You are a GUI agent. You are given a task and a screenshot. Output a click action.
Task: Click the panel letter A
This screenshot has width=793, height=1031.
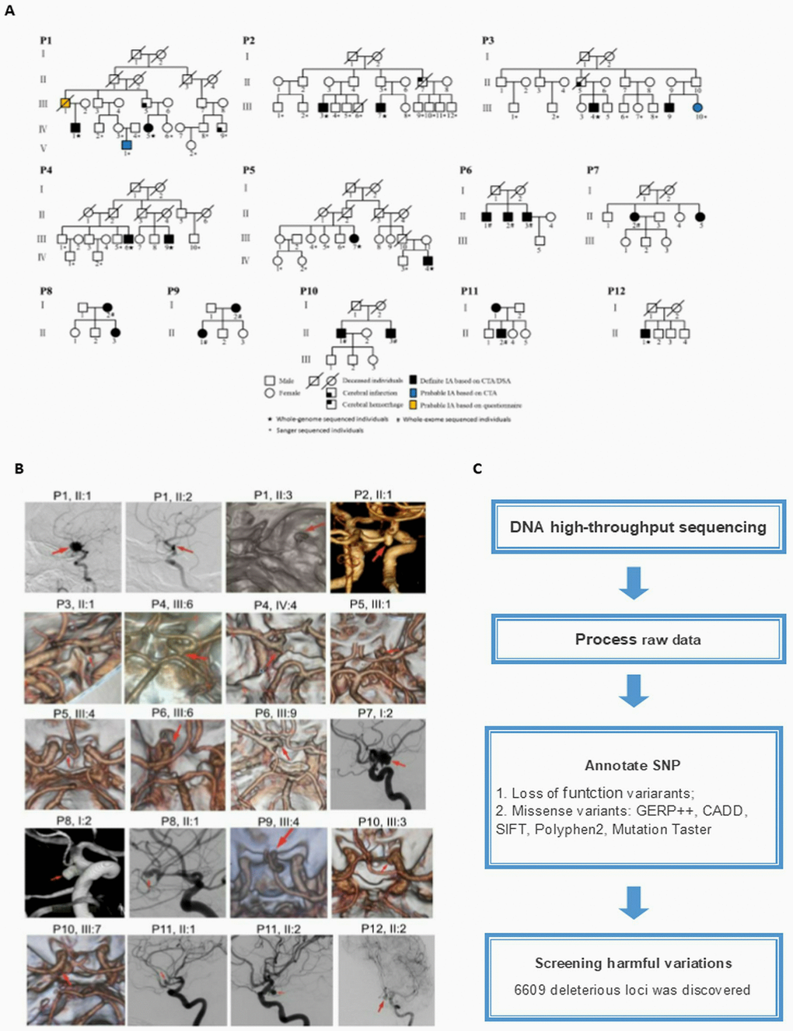(9, 11)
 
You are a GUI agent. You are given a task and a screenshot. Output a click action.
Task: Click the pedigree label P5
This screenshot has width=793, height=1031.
(248, 170)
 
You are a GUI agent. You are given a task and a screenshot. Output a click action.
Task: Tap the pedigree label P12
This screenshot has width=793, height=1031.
(616, 291)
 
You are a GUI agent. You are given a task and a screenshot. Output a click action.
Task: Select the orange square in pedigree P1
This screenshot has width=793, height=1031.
(65, 103)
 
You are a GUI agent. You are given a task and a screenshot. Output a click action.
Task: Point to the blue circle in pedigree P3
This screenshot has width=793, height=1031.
(697, 107)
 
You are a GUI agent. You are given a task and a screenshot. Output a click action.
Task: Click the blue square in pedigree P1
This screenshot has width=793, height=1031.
(127, 145)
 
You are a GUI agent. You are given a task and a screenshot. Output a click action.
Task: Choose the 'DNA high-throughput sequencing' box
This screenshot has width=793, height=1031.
(638, 527)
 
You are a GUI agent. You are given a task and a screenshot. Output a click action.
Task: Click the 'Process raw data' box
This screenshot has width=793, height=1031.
(638, 639)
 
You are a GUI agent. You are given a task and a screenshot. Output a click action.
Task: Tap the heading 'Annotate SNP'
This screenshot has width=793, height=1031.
(632, 765)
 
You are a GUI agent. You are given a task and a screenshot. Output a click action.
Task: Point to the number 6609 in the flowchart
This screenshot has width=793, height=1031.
(530, 990)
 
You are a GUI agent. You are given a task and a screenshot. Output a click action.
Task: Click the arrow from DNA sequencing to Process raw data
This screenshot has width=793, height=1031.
(634, 583)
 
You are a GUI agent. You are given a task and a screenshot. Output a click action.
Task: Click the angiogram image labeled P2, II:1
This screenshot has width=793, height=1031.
(378, 547)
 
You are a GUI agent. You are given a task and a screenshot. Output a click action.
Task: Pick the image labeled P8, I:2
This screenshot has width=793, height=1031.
(74, 872)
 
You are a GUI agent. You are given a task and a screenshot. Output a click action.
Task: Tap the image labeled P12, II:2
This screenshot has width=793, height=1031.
(386, 981)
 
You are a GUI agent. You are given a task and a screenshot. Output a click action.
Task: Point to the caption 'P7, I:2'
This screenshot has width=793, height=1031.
(376, 713)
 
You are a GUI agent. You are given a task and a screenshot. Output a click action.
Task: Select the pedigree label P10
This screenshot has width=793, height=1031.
(309, 291)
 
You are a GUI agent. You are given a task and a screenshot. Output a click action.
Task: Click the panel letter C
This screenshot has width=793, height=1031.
(477, 468)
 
